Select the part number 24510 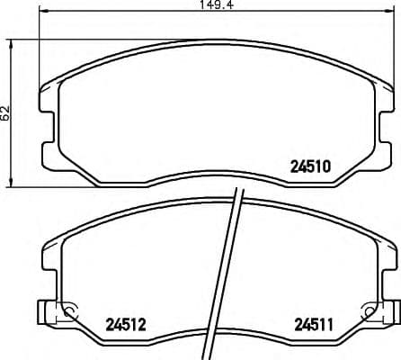pyautogui.click(x=312, y=166)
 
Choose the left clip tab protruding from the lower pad pyautogui.click(x=41, y=312)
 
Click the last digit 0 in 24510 pyautogui.click(x=329, y=166)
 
